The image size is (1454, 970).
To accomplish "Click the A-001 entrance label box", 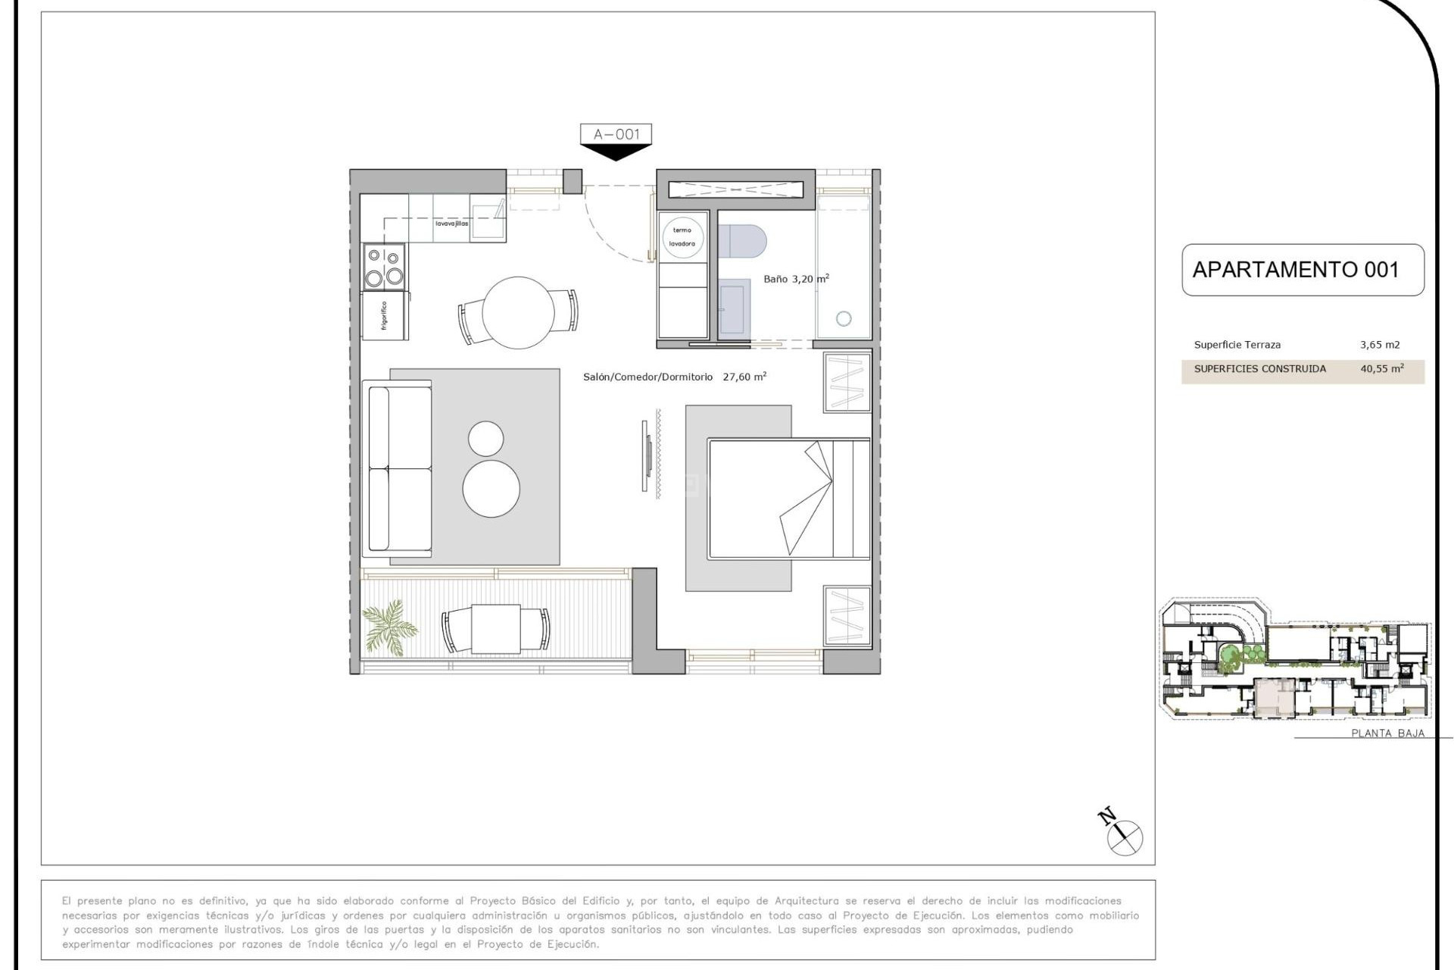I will point(616,134).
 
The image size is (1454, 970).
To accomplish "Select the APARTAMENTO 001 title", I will point(1295,270).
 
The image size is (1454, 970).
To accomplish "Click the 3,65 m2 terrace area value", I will point(1380,345).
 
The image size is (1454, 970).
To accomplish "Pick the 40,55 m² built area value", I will point(1381,369).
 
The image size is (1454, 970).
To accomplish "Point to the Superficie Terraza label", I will point(1237,345).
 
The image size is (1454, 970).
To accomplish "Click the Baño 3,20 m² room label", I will point(795,279).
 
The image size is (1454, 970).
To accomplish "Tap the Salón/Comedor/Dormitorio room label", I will point(647,377).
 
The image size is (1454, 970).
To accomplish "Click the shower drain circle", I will point(844,319).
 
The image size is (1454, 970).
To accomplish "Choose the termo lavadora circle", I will point(682,236).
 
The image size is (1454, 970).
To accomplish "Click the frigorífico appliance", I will point(385,315).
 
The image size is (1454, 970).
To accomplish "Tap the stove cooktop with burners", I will point(384,267).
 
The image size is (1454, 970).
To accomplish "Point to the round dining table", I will point(518,312).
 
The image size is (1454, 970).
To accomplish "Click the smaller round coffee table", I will point(485,439).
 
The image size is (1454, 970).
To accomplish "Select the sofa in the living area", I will point(398,468).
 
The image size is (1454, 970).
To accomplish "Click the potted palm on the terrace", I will point(389,627).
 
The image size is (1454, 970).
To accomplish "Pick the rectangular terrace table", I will point(496,628).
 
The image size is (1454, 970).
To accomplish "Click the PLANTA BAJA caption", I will point(1387,733).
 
